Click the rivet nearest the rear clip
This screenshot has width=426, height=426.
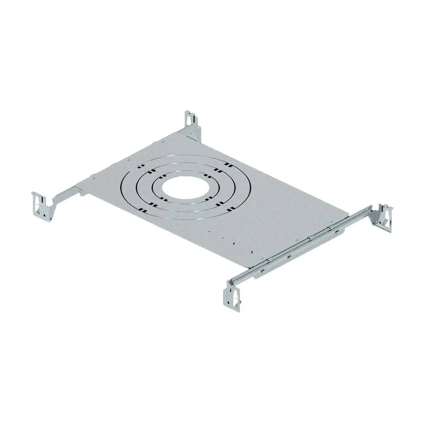pos(163,142)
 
